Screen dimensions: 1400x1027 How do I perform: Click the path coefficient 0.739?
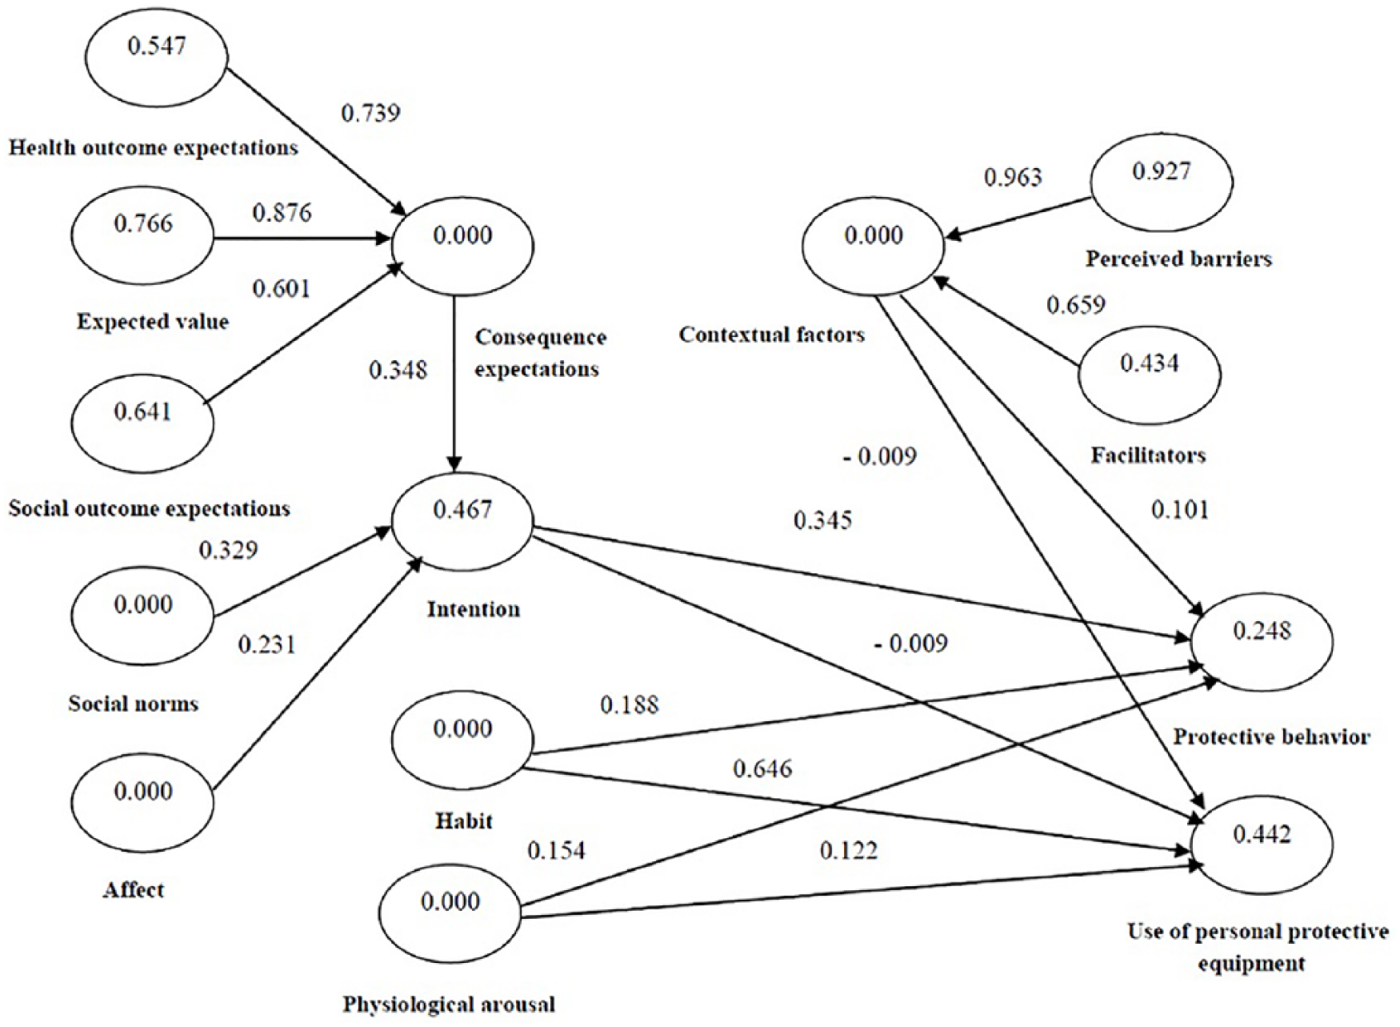(370, 114)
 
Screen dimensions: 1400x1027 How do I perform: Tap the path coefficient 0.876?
(282, 212)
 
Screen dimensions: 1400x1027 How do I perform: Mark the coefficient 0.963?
(1013, 177)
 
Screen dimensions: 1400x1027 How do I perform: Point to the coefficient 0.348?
(398, 370)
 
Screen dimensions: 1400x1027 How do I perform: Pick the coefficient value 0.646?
(762, 769)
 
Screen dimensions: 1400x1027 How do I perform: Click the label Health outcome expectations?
(154, 148)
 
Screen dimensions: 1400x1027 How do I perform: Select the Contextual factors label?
(772, 334)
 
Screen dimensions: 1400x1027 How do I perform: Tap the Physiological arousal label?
(449, 1004)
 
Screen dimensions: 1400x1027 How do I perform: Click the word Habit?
(464, 820)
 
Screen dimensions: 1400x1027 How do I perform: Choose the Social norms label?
(133, 704)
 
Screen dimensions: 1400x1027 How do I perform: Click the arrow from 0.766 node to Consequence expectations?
(303, 239)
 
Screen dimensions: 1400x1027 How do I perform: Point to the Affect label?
(134, 889)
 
